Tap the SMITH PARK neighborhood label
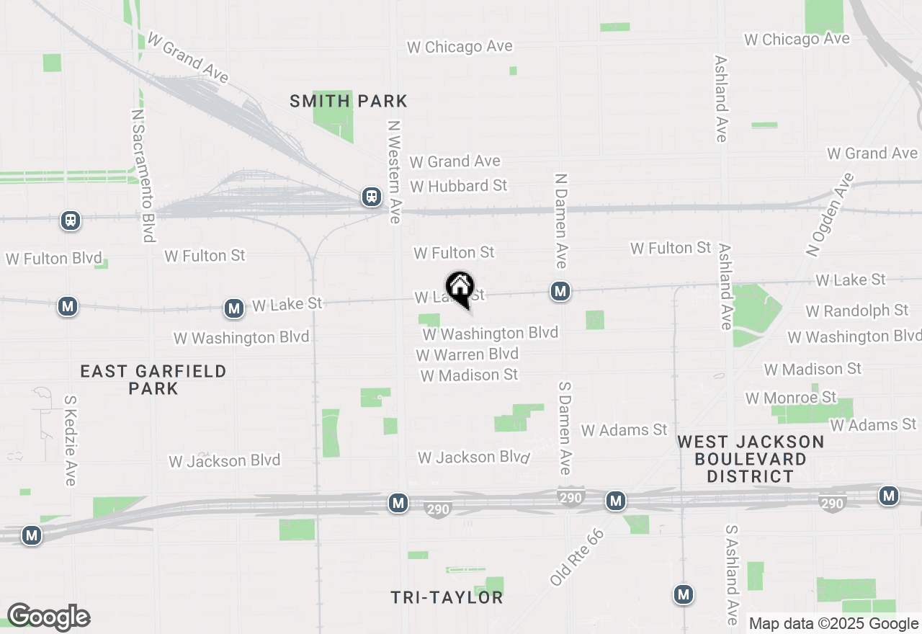(x=349, y=101)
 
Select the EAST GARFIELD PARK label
(x=153, y=380)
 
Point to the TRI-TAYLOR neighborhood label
(x=447, y=597)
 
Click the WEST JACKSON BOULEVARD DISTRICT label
(x=751, y=459)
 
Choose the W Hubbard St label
(x=459, y=186)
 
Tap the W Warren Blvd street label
(x=467, y=354)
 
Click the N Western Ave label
(x=393, y=171)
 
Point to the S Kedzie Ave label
(x=70, y=439)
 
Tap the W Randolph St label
(x=857, y=311)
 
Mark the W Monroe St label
(x=791, y=398)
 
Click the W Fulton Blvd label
(x=54, y=259)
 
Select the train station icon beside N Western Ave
(x=372, y=196)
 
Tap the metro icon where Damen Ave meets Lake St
(x=560, y=291)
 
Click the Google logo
(x=48, y=617)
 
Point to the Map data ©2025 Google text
(x=833, y=624)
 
